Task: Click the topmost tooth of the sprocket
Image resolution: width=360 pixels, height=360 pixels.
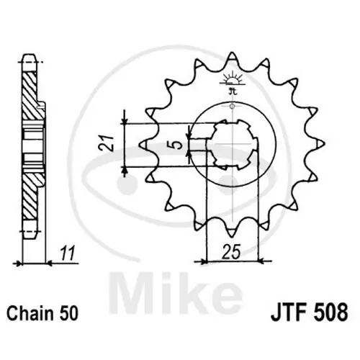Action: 232,58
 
